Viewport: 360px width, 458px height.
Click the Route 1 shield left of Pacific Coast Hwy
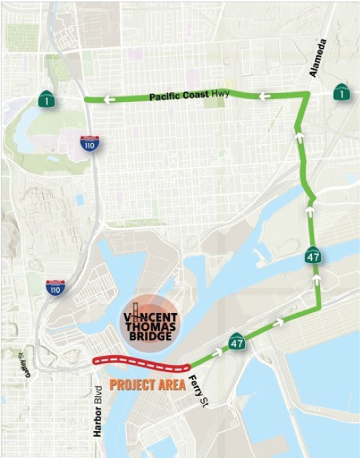47,98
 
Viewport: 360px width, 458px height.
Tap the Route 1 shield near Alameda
340,92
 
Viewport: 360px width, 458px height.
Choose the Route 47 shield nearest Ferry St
237,341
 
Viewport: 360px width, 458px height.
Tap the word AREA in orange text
171,384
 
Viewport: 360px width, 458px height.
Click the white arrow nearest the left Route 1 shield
109,100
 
